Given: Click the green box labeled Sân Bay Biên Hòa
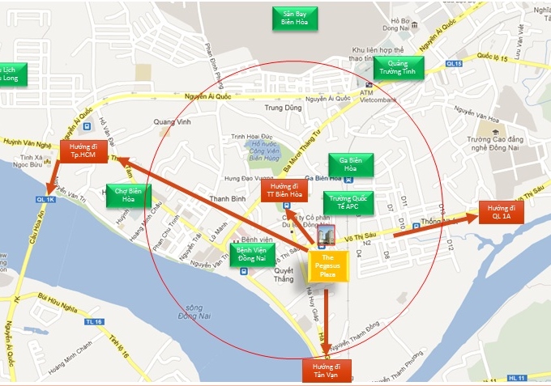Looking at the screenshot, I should (x=295, y=18).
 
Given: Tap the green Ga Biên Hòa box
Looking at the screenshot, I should (x=350, y=164).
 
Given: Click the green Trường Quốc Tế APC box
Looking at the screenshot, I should (x=349, y=201).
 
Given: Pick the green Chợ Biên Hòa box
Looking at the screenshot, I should (x=128, y=195).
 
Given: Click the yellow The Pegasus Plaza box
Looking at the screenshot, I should (x=327, y=265).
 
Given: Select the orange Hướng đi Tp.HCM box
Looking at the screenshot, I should (x=83, y=151).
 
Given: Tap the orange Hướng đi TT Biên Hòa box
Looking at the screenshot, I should (x=284, y=191).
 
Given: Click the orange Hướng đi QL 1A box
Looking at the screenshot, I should (x=502, y=212).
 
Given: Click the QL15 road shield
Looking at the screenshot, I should (x=454, y=64).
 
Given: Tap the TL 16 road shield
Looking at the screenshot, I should (x=93, y=321).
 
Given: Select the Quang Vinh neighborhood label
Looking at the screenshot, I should (x=171, y=122).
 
